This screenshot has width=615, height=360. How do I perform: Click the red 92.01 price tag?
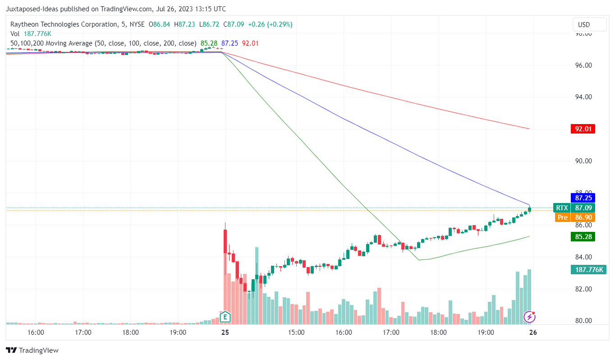click(583, 129)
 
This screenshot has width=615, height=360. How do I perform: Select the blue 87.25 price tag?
click(583, 198)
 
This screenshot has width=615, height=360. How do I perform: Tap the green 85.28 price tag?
click(583, 236)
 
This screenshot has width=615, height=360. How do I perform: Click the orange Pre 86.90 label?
click(575, 217)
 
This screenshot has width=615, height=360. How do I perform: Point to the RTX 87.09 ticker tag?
click(575, 208)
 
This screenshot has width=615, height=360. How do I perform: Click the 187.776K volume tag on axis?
click(588, 270)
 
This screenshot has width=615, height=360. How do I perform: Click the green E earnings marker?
click(225, 317)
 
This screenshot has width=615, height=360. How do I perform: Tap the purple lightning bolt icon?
click(529, 317)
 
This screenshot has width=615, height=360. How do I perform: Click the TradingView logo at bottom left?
click(32, 351)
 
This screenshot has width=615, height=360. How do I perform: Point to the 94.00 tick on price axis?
click(581, 97)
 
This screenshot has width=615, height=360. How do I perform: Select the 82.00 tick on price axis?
click(581, 289)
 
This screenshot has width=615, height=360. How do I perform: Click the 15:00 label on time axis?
click(296, 333)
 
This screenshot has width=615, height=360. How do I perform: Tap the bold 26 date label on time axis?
click(533, 333)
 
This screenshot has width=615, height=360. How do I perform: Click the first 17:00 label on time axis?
click(83, 333)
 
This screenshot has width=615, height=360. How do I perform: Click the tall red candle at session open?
click(225, 241)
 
